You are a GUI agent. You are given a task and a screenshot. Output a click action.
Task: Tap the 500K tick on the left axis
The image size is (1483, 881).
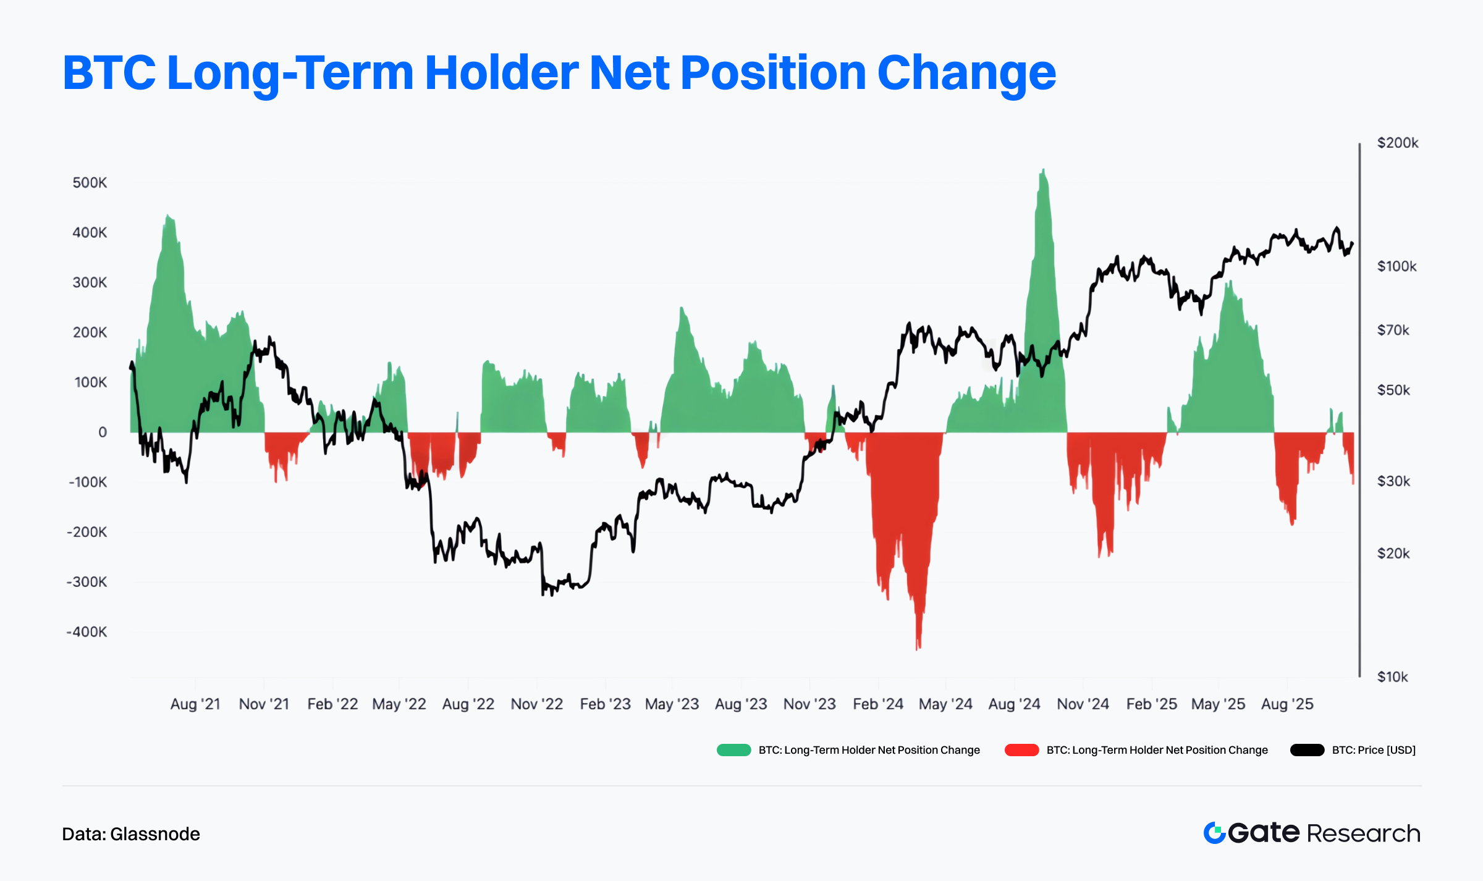coord(90,183)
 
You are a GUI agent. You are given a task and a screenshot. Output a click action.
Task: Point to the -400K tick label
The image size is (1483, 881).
coord(87,632)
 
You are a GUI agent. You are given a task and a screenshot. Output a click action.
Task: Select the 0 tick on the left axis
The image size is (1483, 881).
coord(103,432)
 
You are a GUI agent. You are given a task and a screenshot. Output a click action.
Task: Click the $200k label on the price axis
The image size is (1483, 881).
coord(1398,143)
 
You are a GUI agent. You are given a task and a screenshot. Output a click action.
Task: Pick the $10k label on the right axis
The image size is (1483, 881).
coord(1393,677)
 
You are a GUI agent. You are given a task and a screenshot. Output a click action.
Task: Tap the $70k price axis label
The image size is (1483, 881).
coord(1393,330)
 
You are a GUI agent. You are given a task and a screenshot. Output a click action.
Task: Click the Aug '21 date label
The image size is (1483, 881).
coord(195,704)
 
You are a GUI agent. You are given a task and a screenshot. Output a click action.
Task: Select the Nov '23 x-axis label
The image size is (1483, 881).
coord(809,704)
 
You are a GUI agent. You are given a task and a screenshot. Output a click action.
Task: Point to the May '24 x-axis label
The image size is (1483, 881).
coord(945,704)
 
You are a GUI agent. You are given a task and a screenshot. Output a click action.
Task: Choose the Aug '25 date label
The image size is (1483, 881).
coord(1287,704)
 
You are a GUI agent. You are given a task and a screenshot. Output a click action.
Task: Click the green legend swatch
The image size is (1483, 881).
coord(733,750)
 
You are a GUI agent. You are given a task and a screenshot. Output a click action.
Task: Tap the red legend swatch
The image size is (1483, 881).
coord(1021,750)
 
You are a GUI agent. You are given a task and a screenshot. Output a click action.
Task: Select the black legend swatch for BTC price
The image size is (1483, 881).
coord(1307,750)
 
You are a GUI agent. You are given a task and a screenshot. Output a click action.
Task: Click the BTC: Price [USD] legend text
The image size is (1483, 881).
coord(1374,750)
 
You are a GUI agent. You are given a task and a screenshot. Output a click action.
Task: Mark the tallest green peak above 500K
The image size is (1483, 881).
coord(1043,169)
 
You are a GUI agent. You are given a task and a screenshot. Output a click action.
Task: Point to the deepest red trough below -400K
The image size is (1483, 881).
coord(918,649)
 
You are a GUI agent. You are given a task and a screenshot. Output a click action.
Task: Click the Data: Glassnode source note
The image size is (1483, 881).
coord(131,834)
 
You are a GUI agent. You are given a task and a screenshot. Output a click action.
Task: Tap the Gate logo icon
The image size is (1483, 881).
coord(1214,833)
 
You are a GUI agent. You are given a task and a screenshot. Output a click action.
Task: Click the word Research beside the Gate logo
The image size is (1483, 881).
coord(1364,833)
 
